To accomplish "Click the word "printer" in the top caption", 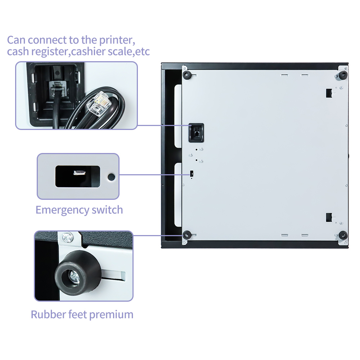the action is click(117, 40).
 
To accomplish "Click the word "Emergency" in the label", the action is click(62, 210).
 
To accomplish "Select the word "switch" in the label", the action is click(107, 210).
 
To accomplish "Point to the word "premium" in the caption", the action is click(111, 315).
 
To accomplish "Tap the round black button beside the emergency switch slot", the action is click(111, 177).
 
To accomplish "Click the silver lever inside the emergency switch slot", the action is click(80, 172).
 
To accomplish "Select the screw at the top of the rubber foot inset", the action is click(68, 237).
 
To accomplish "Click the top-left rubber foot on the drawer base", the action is click(187, 75).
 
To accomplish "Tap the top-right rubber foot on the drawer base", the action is click(343, 75).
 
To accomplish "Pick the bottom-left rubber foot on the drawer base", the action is click(187, 235).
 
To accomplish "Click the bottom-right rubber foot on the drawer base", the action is click(343, 235).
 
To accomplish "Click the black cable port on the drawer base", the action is click(196, 133).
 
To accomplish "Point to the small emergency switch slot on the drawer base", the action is click(192, 174).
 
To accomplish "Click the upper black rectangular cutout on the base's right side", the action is click(329, 93).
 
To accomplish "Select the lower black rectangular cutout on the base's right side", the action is click(329, 217).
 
